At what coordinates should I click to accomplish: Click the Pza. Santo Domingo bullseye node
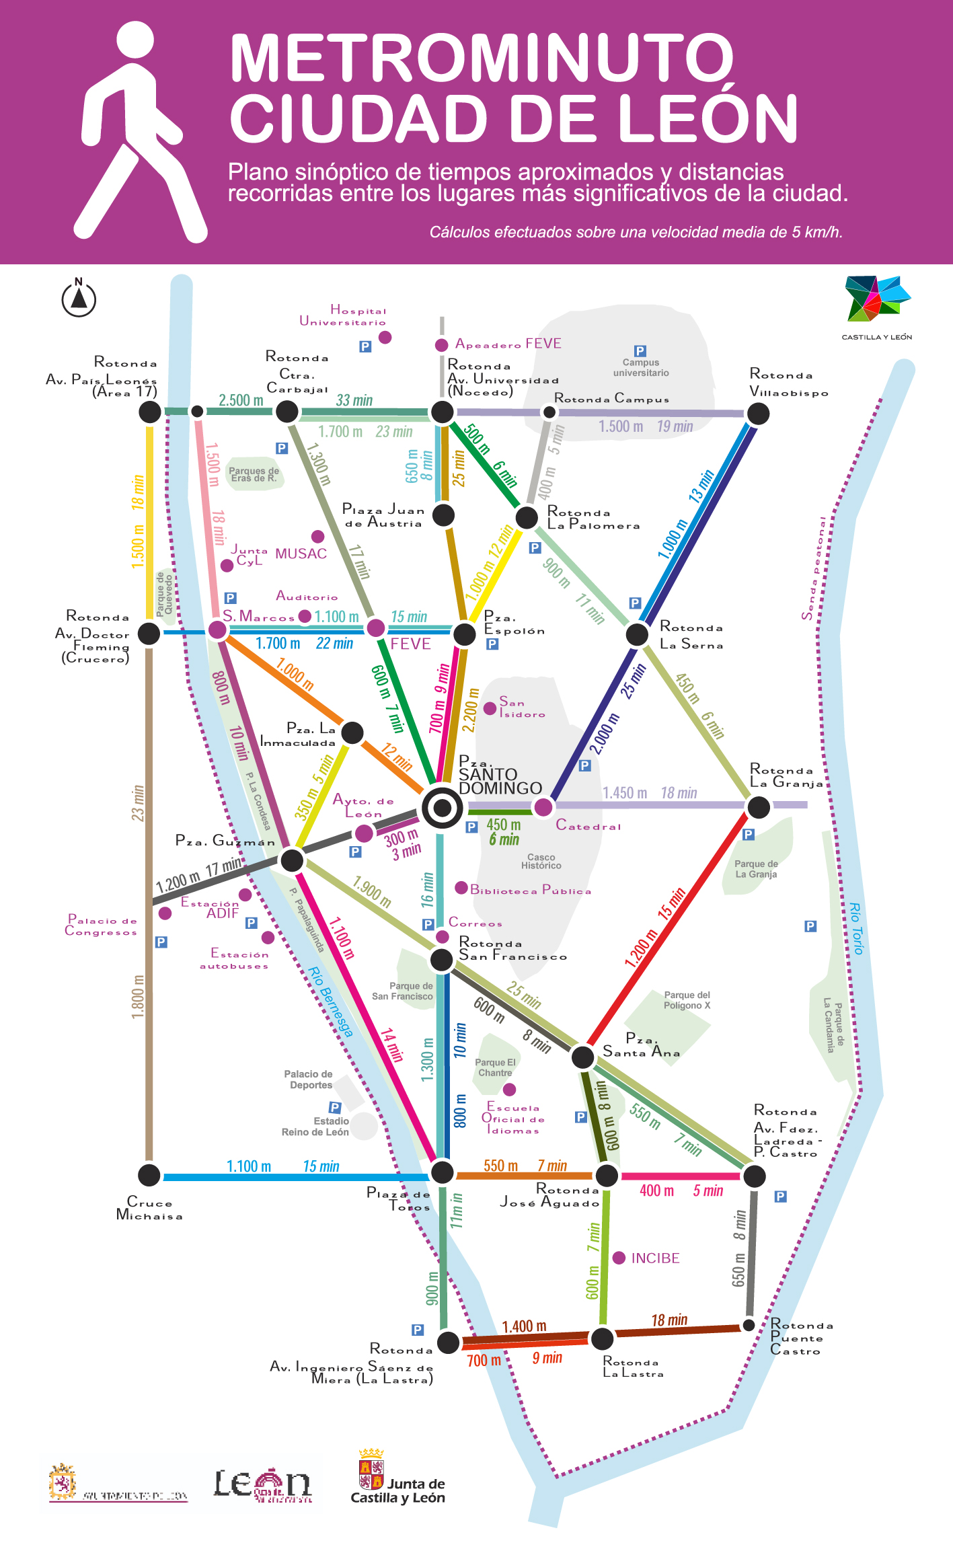click(x=442, y=806)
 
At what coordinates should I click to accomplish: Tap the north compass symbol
click(x=79, y=298)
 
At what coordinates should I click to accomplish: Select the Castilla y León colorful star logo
click(x=876, y=299)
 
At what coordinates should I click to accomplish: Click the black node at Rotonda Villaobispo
click(x=758, y=413)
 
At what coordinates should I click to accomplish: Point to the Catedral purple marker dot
click(x=543, y=806)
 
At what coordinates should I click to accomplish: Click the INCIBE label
click(x=655, y=1258)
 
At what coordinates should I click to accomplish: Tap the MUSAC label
click(x=301, y=554)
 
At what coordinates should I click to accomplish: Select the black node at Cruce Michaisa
click(x=149, y=1175)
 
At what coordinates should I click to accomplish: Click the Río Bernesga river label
click(x=330, y=1002)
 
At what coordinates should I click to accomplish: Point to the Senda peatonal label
click(x=814, y=569)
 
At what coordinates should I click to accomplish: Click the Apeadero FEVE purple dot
click(x=441, y=345)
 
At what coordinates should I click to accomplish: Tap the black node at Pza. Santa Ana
click(x=582, y=1057)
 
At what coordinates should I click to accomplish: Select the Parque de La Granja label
click(x=756, y=869)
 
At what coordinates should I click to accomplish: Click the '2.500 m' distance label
click(x=241, y=400)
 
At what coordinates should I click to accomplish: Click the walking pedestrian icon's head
click(x=135, y=39)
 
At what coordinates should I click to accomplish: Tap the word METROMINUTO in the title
click(x=482, y=59)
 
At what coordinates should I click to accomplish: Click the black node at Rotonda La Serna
click(x=636, y=634)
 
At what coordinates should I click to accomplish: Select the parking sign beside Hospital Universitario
click(x=365, y=346)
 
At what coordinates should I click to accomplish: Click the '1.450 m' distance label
click(x=624, y=793)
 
